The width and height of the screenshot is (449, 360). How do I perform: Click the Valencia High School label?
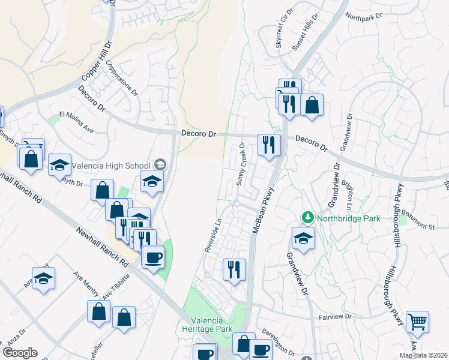[112, 165]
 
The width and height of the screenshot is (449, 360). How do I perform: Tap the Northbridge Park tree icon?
[307, 217]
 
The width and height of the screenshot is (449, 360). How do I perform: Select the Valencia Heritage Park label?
[207, 325]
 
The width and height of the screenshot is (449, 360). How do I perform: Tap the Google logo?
[20, 353]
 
